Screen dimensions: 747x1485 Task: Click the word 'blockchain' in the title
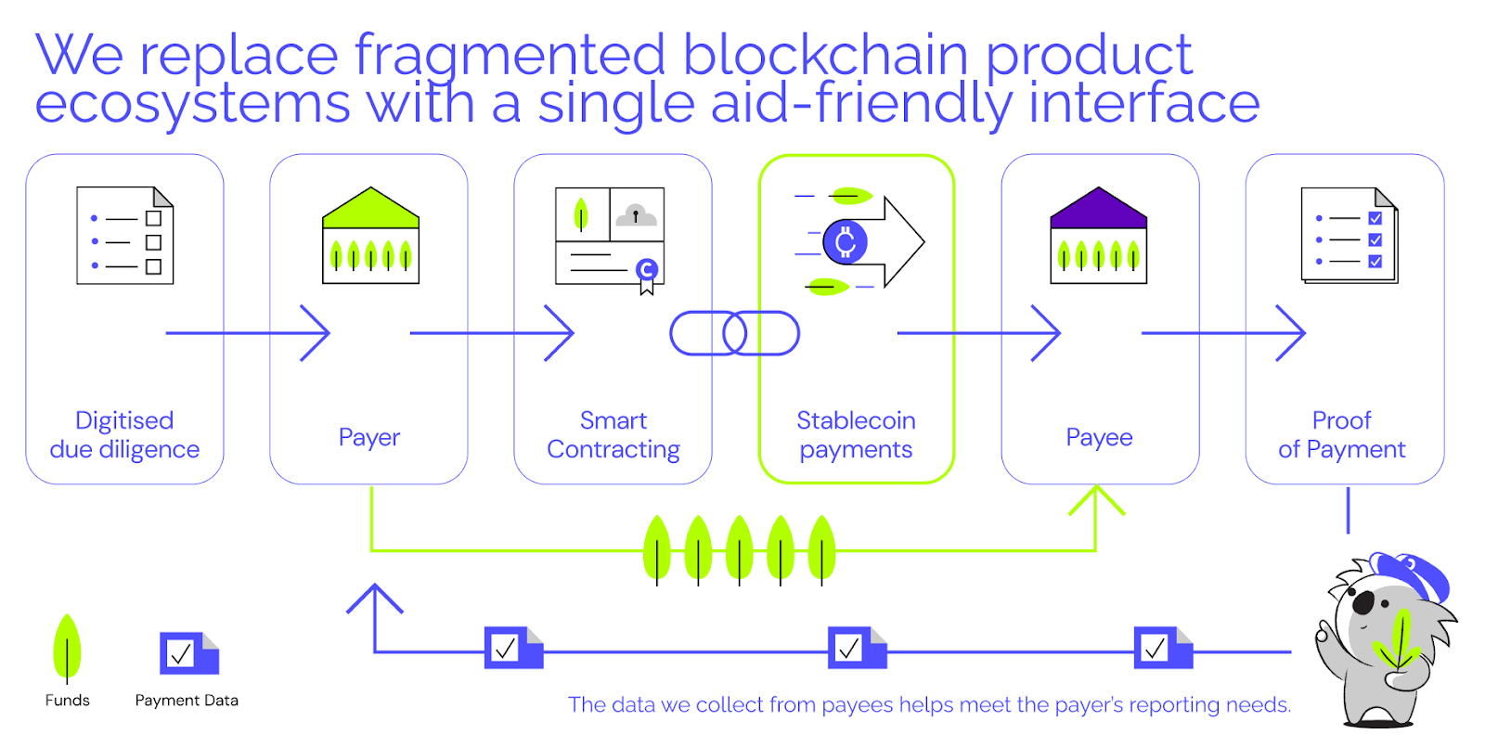point(826,56)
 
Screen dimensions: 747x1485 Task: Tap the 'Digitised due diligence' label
point(124,435)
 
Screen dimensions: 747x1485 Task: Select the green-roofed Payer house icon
point(370,236)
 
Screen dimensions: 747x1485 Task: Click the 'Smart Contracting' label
point(613,435)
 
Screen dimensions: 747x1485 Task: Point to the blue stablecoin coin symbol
point(846,242)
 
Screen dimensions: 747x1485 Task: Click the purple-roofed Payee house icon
point(1099,236)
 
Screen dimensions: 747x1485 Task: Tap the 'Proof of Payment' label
point(1341,435)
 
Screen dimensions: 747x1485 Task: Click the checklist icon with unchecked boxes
point(125,236)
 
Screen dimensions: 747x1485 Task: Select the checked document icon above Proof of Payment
point(1349,236)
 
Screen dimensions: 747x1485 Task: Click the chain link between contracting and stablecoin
point(734,333)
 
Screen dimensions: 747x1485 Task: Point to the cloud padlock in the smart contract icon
point(636,215)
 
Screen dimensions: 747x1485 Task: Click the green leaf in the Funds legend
point(67,647)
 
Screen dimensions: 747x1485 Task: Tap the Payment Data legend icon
point(188,653)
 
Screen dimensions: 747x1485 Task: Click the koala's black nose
point(1362,603)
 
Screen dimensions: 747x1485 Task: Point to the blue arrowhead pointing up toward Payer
point(375,598)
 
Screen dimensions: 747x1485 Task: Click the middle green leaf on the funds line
point(740,550)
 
